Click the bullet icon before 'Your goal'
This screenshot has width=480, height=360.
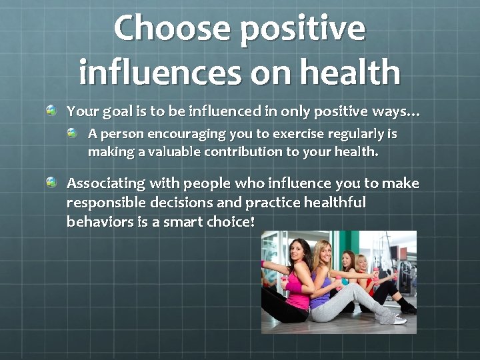51,109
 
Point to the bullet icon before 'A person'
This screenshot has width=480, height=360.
73,133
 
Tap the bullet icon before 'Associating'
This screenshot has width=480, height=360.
51,182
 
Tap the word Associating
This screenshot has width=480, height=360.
106,183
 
